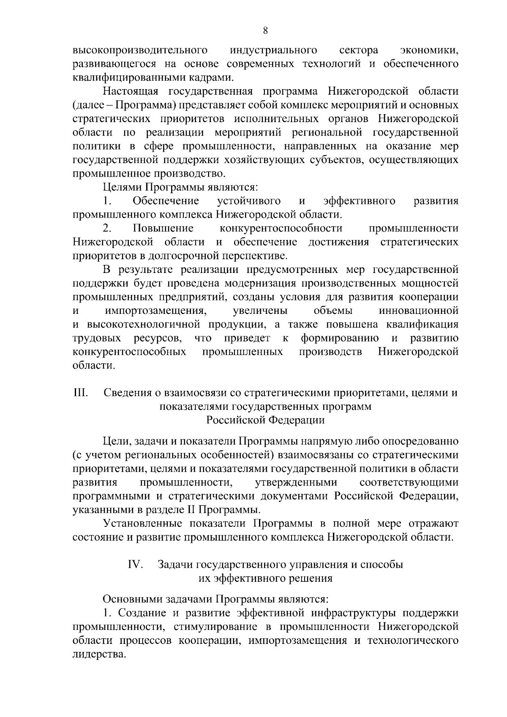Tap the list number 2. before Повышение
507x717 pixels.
coord(107,229)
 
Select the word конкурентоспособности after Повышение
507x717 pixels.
coord(281,229)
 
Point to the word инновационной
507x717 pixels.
coord(419,311)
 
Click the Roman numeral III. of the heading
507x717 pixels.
coord(80,393)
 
